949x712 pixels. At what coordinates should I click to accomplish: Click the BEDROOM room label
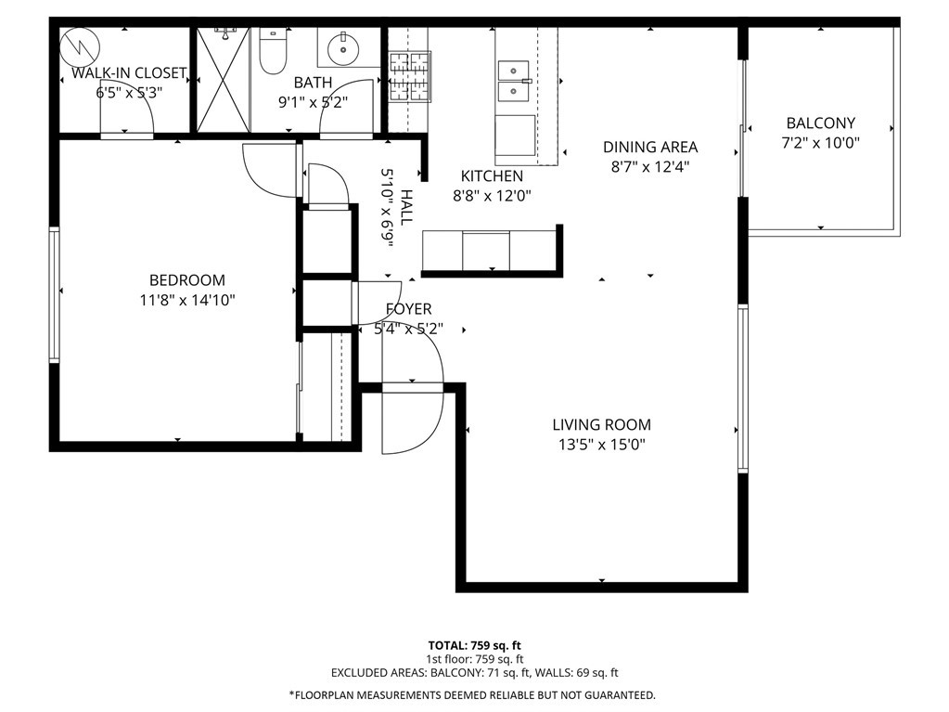(187, 280)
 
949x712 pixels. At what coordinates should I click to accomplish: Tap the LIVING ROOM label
(602, 425)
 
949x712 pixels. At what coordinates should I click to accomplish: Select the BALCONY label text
(820, 123)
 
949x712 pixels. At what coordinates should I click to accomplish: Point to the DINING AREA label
(650, 147)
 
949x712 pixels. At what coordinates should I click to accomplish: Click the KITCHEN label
(492, 176)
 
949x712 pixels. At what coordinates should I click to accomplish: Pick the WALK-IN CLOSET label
(129, 73)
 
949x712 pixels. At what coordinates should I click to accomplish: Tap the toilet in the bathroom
(273, 51)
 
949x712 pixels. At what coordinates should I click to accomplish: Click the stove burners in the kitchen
(410, 77)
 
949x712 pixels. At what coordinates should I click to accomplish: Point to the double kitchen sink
(514, 81)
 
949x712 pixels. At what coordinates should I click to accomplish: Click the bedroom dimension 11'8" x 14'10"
(187, 300)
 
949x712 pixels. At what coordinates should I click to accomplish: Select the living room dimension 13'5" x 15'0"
(602, 445)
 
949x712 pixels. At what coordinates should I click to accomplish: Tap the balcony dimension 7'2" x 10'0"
(820, 143)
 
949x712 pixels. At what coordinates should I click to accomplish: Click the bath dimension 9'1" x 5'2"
(313, 102)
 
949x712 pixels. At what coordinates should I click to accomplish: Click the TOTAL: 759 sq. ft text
(475, 645)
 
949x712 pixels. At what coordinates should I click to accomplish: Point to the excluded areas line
(475, 673)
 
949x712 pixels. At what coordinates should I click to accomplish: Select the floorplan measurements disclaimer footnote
(472, 695)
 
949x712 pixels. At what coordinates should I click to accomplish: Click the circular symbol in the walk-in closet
(80, 46)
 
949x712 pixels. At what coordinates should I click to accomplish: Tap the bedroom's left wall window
(55, 295)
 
